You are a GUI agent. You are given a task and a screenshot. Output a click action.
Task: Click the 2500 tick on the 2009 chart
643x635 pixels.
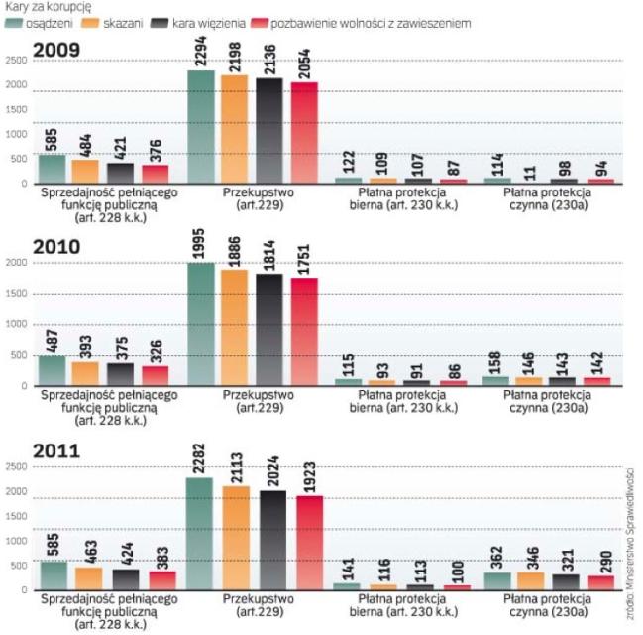click(x=16, y=62)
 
